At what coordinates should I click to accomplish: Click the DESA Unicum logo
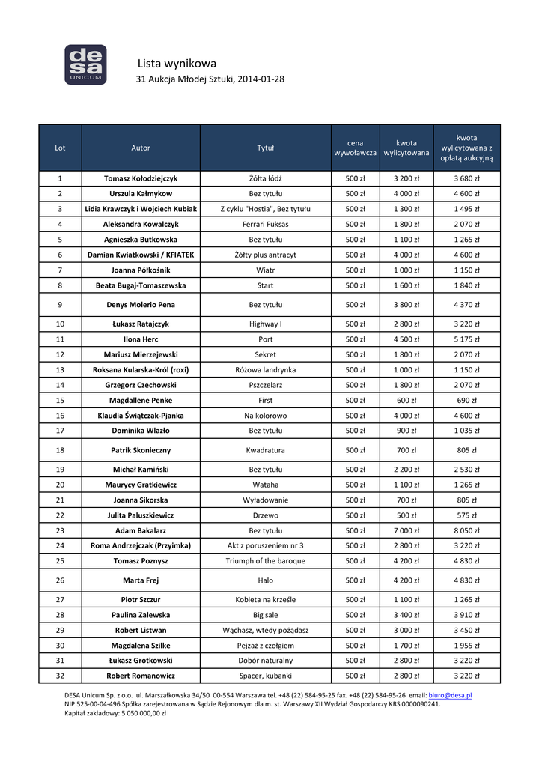tap(85, 64)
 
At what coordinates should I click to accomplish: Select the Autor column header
tap(141, 148)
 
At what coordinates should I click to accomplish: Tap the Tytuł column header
tap(266, 148)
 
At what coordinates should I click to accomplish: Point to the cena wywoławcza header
tap(355, 148)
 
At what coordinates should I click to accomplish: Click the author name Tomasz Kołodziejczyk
tap(141, 178)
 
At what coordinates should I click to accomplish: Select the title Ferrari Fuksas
tap(266, 224)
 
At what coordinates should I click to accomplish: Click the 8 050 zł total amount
tap(466, 530)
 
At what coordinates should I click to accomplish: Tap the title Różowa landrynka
tap(266, 369)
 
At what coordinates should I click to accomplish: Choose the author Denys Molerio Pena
tap(141, 305)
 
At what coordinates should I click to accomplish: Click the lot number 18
tap(60, 450)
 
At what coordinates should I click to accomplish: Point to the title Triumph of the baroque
tap(266, 560)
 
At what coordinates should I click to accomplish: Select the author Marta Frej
tap(141, 580)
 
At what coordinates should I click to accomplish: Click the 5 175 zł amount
tap(466, 339)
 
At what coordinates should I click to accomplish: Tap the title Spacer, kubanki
tap(266, 676)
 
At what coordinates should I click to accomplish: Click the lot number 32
tap(60, 676)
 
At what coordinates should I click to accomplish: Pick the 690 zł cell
tap(466, 400)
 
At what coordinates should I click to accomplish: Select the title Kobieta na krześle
tap(266, 599)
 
